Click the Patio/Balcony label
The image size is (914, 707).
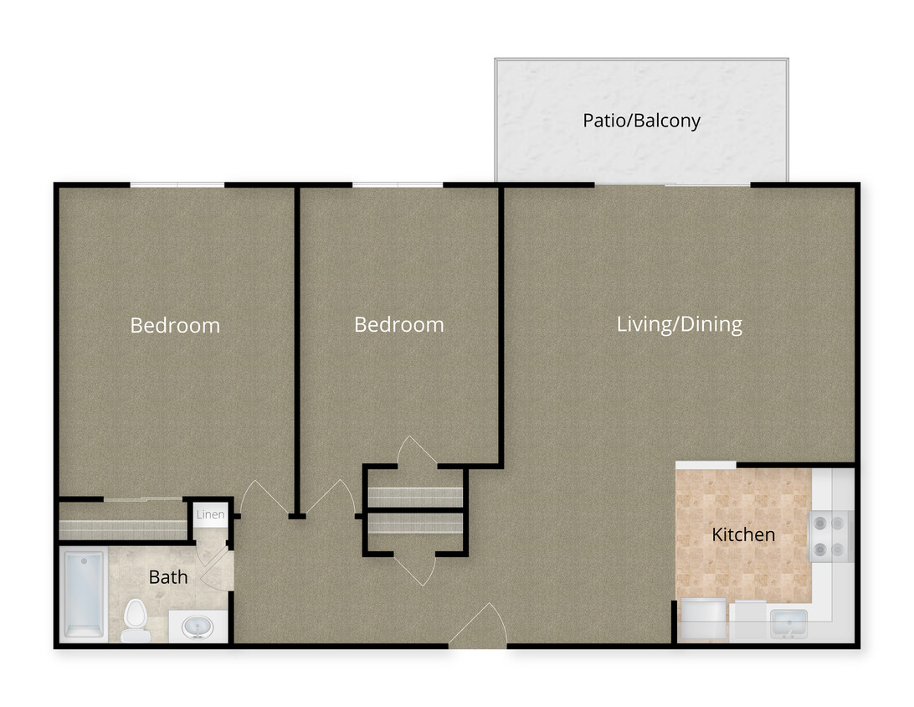tap(641, 121)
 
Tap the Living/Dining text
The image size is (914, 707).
tap(679, 324)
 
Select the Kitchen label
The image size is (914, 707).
tap(742, 534)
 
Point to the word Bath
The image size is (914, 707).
tap(168, 577)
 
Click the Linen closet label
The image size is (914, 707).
tap(210, 514)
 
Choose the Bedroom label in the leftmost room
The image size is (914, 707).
tap(175, 325)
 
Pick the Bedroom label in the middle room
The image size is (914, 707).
tap(398, 324)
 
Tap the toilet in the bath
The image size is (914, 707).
tap(135, 622)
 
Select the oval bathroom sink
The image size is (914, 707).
tap(198, 627)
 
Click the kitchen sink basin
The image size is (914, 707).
tap(788, 623)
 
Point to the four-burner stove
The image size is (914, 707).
tap(830, 536)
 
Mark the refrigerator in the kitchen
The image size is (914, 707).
tap(703, 621)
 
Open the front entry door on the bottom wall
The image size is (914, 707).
tap(478, 628)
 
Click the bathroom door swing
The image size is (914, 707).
tap(214, 570)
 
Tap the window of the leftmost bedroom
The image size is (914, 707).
tap(177, 184)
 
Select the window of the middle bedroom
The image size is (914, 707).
tap(398, 184)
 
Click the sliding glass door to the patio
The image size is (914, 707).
tap(672, 184)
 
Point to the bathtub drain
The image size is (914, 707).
tap(84, 561)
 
